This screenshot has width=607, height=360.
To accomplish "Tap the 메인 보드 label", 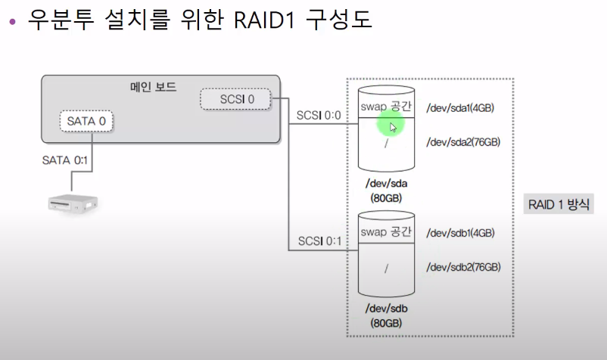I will (x=154, y=85).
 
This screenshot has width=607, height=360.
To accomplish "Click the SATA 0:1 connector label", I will (x=65, y=160).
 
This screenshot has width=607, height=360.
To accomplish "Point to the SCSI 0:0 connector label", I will (x=319, y=116).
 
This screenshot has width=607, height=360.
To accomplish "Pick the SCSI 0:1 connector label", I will (x=319, y=241).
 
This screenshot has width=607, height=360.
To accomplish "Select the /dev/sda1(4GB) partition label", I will (x=460, y=108).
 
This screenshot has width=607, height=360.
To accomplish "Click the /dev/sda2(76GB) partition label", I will (x=463, y=141).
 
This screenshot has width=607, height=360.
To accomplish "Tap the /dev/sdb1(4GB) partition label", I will (x=460, y=233).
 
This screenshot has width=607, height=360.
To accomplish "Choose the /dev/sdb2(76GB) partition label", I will (x=463, y=267).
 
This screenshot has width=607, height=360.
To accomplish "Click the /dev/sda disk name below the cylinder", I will (x=386, y=184).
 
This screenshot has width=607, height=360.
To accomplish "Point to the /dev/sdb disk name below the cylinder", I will (x=386, y=309).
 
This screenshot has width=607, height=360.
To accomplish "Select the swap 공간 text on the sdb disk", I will (x=386, y=231).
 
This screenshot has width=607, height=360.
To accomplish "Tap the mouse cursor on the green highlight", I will (x=393, y=127).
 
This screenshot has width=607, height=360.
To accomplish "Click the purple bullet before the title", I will (x=12, y=20).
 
